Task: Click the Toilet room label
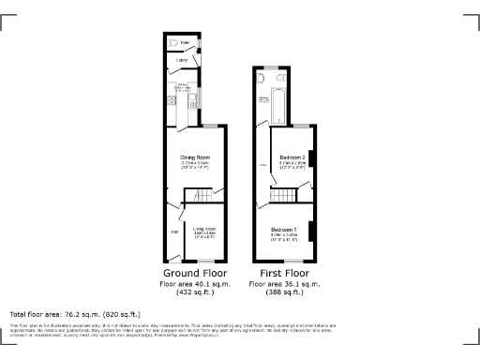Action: [186, 42]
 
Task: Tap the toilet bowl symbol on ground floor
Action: [172, 43]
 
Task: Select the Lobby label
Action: [182, 62]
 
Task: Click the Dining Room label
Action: [196, 157]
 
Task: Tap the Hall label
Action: [174, 232]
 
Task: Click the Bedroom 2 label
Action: [292, 157]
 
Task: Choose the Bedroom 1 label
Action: [284, 230]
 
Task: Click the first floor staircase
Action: [284, 195]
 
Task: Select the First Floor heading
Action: [285, 274]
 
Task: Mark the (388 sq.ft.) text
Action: [285, 292]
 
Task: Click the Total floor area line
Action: [75, 314]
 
